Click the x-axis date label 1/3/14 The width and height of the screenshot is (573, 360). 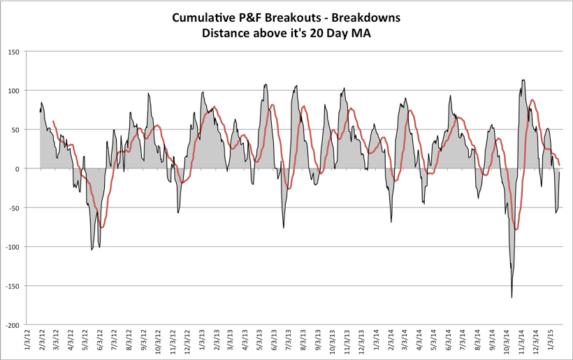(x=375, y=343)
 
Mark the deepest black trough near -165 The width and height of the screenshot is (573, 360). (x=512, y=298)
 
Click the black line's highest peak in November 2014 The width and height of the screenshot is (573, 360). (x=523, y=80)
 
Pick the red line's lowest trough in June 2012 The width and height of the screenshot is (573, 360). (x=102, y=227)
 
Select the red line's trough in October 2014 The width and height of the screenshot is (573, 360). (x=516, y=229)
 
